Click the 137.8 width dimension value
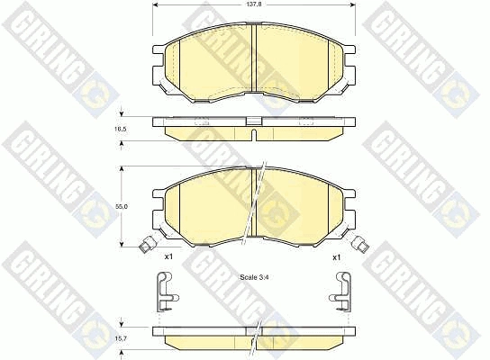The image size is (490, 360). click(254, 4)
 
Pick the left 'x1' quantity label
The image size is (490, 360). click(168, 256)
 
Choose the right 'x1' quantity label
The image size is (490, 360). click(336, 257)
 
